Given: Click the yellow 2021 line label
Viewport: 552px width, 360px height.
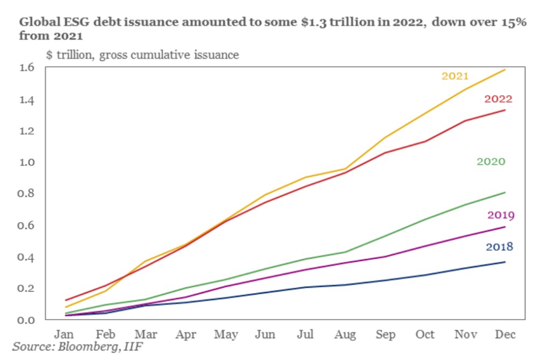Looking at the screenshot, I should [455, 76].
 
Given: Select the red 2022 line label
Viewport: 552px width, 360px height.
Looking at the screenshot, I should [498, 99].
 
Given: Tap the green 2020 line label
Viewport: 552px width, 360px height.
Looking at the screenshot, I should [491, 161].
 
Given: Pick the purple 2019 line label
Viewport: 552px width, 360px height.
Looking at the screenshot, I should [501, 216].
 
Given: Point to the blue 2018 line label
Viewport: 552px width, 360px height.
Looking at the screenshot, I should [499, 247].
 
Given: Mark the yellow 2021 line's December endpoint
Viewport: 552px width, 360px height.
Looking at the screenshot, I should [505, 70].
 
